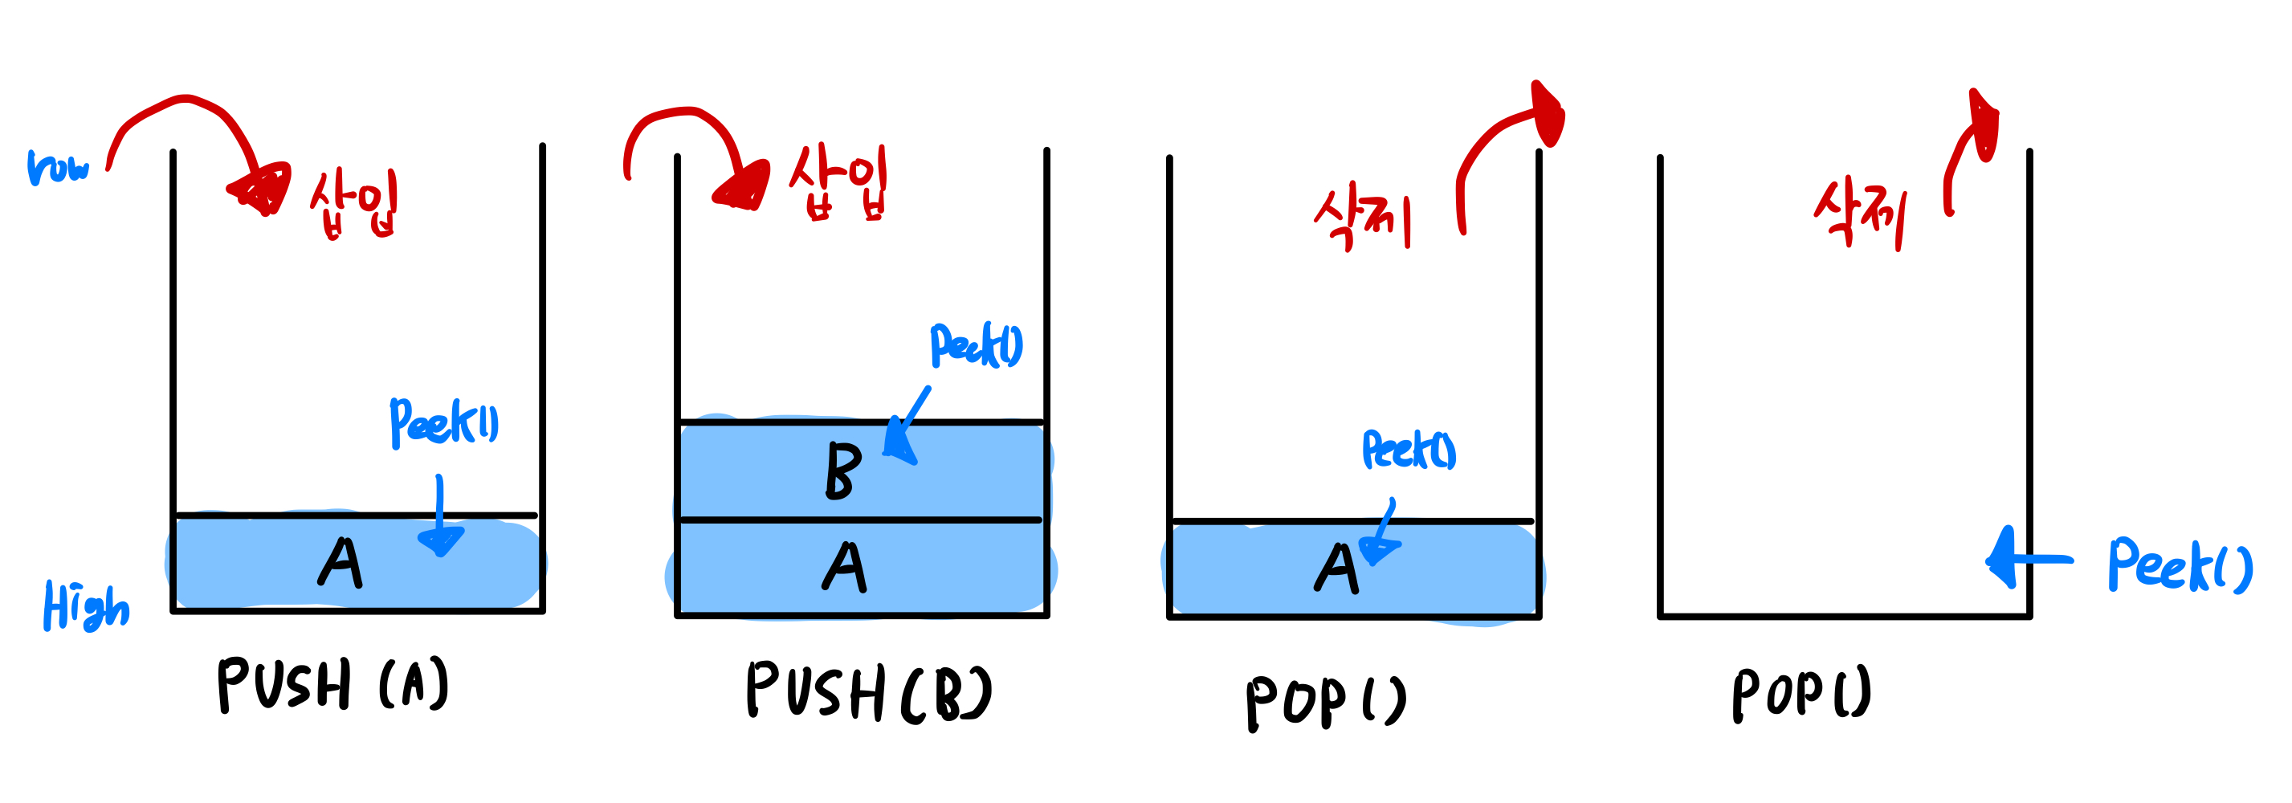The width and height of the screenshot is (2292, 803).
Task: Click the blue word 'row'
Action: (59, 167)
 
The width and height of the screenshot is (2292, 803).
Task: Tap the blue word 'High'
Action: (85, 606)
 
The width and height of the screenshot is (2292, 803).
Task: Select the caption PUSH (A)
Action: (332, 685)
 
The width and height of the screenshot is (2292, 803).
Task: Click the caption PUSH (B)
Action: (867, 692)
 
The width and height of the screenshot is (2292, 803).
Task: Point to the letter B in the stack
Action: (842, 471)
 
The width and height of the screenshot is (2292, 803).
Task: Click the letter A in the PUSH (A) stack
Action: (340, 563)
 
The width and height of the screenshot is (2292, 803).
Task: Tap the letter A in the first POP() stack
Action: (1336, 569)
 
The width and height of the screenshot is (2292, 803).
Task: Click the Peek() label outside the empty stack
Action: (2179, 565)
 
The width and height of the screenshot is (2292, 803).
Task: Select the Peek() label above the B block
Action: (976, 345)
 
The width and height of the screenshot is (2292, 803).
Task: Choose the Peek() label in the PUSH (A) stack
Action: (444, 422)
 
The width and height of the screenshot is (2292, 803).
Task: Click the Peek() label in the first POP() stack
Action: (1409, 450)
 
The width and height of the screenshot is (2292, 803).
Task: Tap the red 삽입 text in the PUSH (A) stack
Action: (354, 202)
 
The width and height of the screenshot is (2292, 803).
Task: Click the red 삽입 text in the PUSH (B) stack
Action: (838, 182)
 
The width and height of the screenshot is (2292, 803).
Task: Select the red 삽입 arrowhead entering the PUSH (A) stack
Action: (263, 189)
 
